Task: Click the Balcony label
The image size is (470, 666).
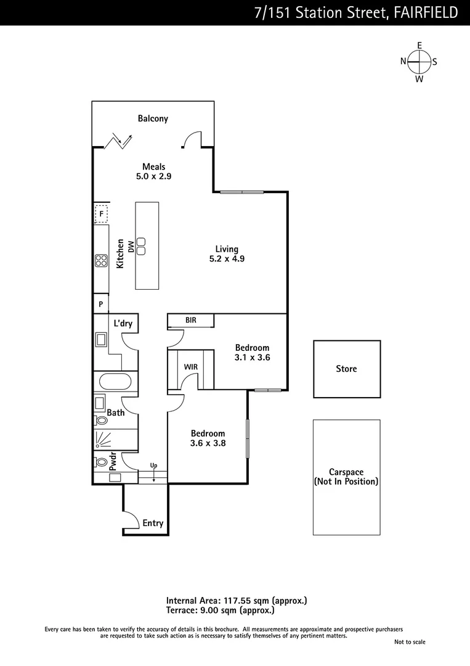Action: pos(153,118)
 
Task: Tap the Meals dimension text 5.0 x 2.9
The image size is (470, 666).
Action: pos(153,176)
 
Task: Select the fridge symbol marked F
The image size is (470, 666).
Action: pos(101,214)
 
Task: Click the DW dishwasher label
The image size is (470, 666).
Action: pos(131,246)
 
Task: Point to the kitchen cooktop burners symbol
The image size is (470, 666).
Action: pos(101,261)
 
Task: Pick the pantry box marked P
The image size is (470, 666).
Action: pos(100,305)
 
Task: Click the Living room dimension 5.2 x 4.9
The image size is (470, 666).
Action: pos(227,259)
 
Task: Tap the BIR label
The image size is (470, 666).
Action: pos(191,320)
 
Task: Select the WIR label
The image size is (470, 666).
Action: pos(191,367)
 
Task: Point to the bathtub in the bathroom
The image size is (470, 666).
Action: pos(112,381)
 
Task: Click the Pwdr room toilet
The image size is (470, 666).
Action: pos(100,460)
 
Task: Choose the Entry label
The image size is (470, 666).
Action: pos(153,524)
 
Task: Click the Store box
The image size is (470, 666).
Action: pos(346,369)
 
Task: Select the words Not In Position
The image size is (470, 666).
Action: pos(346,482)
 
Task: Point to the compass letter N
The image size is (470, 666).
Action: pos(403,60)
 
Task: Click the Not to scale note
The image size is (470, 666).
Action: pos(410,642)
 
